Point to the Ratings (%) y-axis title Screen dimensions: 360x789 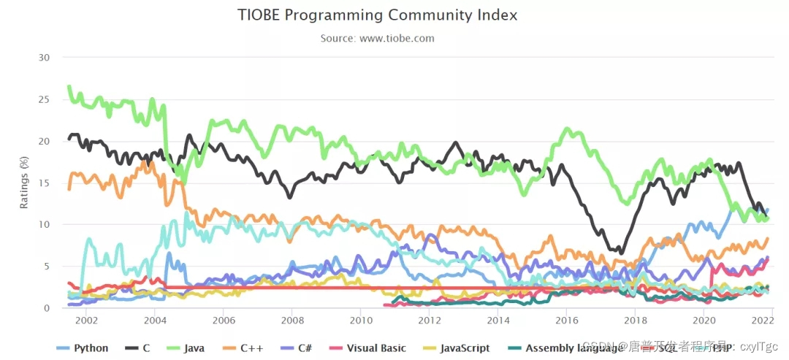point(24,183)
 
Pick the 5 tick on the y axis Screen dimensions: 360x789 point(47,266)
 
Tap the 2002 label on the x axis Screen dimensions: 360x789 point(85,320)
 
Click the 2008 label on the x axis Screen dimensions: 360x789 point(292,320)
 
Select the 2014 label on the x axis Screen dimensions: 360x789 point(498,320)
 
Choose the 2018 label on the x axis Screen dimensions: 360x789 point(636,320)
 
